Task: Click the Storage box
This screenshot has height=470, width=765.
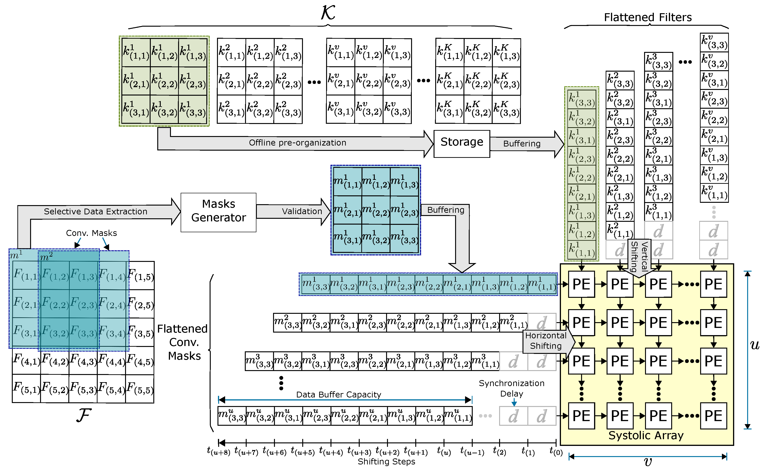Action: point(462,143)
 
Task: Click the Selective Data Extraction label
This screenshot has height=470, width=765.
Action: point(95,211)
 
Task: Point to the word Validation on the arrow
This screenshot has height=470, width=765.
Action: point(302,211)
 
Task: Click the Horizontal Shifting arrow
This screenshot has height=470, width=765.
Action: point(546,341)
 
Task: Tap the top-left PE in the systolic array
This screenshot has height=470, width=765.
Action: point(581,284)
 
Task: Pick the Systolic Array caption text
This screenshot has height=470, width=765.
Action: point(646,435)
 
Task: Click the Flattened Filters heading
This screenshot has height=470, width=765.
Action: point(648,17)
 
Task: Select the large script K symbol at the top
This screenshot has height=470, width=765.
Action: point(328,13)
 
